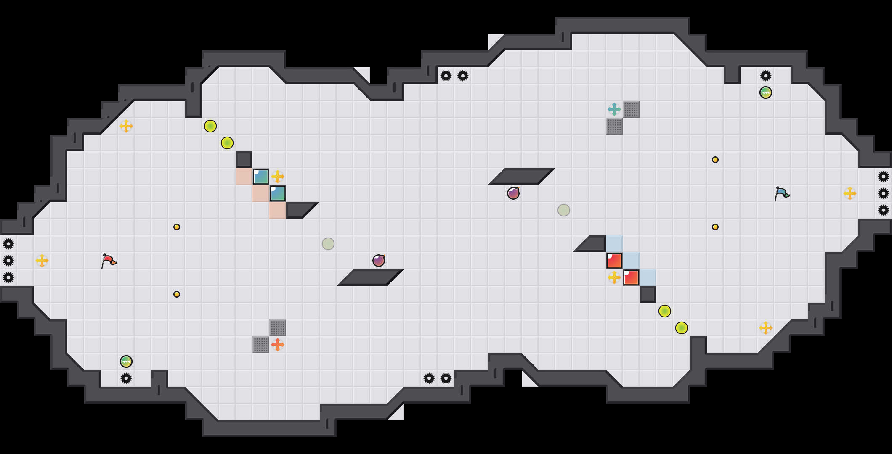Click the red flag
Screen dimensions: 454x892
(x=109, y=261)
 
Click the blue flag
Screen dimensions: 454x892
(x=782, y=193)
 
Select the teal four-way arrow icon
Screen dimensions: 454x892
(x=614, y=109)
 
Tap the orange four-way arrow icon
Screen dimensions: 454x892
(x=278, y=345)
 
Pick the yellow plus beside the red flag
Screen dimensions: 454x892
(x=42, y=261)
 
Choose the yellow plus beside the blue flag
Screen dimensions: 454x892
(x=850, y=193)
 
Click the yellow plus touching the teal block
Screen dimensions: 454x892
(x=278, y=177)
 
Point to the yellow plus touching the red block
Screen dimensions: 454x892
(x=614, y=277)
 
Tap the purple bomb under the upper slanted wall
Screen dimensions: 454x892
(x=513, y=193)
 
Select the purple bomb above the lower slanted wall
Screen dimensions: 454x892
(x=379, y=261)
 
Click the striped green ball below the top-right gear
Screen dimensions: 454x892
(x=766, y=92)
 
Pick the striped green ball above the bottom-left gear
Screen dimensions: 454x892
(x=126, y=362)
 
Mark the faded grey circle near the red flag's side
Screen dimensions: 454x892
(x=328, y=244)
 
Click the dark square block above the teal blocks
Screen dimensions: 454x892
(x=244, y=160)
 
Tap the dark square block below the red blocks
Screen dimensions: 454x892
(x=648, y=294)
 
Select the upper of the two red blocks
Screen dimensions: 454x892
(x=614, y=261)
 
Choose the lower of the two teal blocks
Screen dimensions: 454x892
(x=278, y=193)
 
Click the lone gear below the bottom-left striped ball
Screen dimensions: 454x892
(x=126, y=378)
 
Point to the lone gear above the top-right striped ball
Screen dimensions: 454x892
(x=766, y=76)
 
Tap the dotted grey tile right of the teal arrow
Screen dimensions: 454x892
(x=631, y=109)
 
